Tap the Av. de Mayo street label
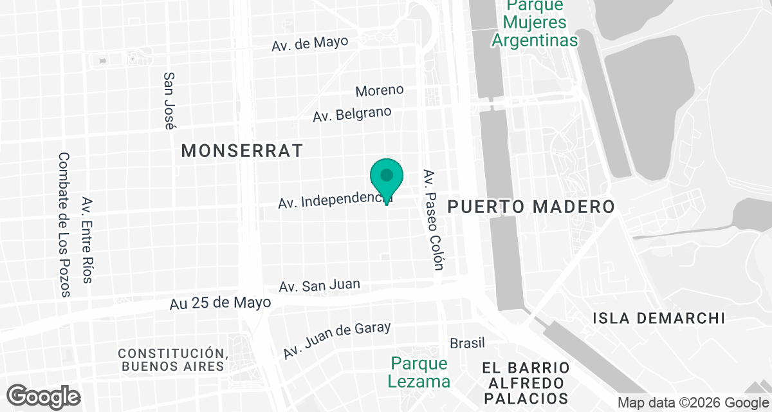click(309, 43)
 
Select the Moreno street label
click(380, 90)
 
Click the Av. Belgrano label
click(352, 115)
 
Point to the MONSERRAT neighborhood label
click(242, 151)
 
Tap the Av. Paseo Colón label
click(433, 220)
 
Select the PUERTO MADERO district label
click(531, 207)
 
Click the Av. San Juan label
click(320, 285)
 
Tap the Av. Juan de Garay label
click(337, 340)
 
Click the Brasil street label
click(467, 342)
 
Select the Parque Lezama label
click(419, 372)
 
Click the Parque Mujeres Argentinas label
click(534, 23)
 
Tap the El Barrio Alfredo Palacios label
click(526, 382)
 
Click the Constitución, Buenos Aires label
click(173, 360)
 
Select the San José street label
click(170, 100)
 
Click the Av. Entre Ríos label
click(87, 240)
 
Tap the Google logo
click(44, 396)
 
